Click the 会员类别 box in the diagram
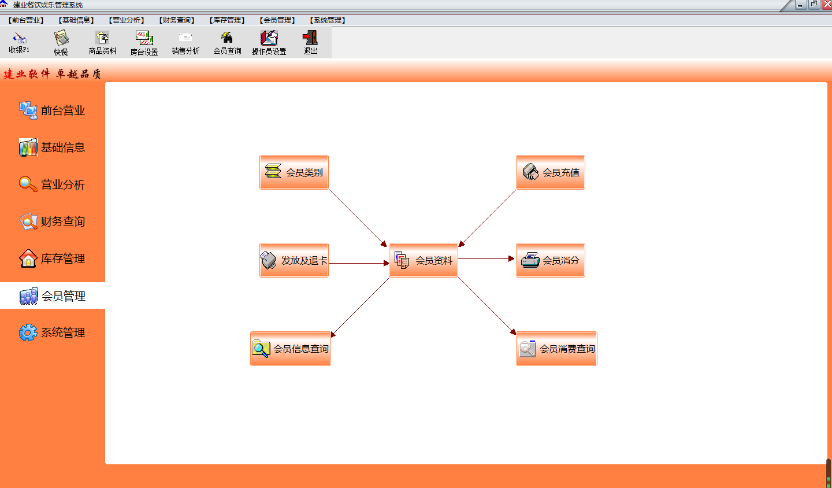click(294, 172)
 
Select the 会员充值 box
click(551, 172)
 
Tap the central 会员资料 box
click(424, 260)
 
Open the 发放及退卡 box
click(294, 260)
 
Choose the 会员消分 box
click(551, 260)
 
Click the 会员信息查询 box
click(291, 349)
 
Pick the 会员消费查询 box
click(556, 349)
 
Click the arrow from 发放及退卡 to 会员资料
click(359, 263)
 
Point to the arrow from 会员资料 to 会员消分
click(486, 258)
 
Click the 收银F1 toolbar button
click(19, 43)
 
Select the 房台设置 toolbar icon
click(144, 43)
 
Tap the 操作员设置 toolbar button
click(269, 43)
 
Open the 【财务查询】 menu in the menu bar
click(177, 20)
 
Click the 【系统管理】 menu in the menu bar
click(328, 20)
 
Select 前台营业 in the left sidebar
click(53, 110)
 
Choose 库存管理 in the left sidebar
click(53, 258)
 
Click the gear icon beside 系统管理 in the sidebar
click(28, 332)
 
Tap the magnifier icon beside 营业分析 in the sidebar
click(28, 184)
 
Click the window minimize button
click(800, 5)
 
